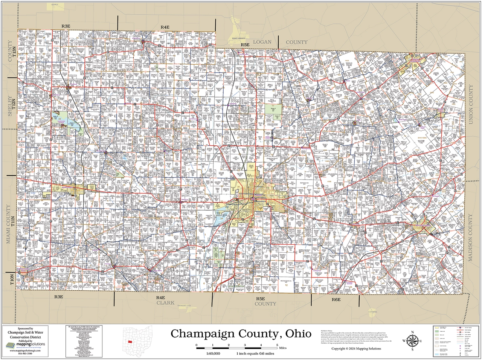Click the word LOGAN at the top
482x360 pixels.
(262, 42)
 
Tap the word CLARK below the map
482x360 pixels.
(166, 302)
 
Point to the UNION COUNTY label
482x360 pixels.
(471, 105)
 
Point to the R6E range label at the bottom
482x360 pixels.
(336, 299)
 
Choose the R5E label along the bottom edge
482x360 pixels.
(260, 299)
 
